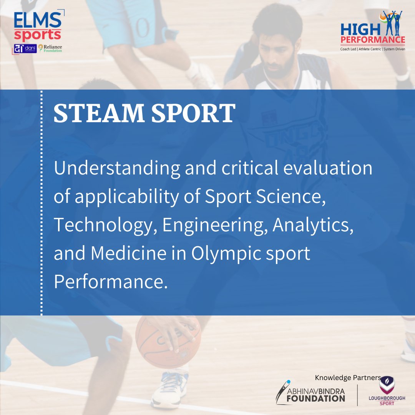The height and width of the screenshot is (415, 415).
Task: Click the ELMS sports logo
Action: (x=37, y=26)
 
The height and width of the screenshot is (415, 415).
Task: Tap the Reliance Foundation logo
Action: (x=50, y=48)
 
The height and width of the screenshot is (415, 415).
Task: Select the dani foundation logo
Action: (x=25, y=49)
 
